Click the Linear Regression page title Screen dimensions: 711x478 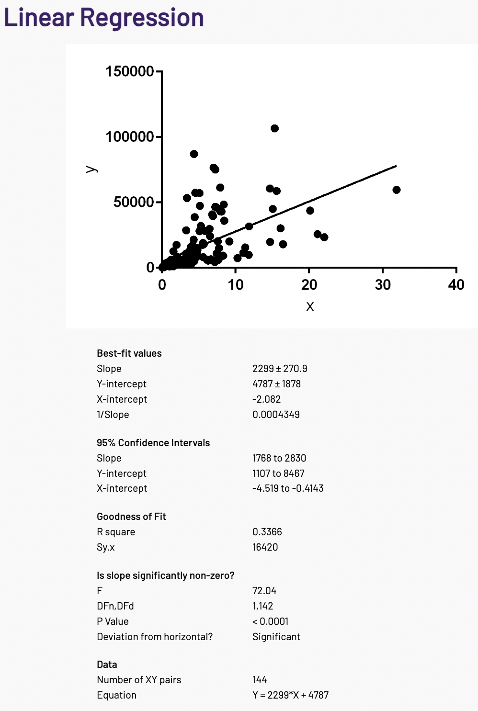(x=104, y=18)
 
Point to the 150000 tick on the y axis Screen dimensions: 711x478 (x=130, y=71)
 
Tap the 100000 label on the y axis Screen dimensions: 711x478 (x=130, y=137)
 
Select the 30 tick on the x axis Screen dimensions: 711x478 (x=383, y=285)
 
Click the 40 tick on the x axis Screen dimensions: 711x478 (x=456, y=285)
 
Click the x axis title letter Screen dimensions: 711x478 (x=310, y=306)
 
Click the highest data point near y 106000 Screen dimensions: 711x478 (x=274, y=128)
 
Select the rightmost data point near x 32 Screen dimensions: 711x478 (x=396, y=190)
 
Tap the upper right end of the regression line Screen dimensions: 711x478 (x=396, y=166)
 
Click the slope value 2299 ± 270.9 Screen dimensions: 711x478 (x=280, y=369)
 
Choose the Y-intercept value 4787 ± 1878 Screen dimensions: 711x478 (x=276, y=384)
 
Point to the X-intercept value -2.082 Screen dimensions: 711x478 (x=266, y=399)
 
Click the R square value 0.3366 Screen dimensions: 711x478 (x=267, y=532)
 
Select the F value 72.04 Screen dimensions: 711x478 (x=264, y=591)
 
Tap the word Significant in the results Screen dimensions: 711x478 (x=276, y=637)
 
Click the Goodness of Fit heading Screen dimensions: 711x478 (x=131, y=517)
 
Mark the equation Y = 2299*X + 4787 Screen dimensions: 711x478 (x=290, y=695)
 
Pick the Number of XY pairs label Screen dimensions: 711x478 (x=139, y=680)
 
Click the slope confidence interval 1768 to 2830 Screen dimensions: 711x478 (x=279, y=458)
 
